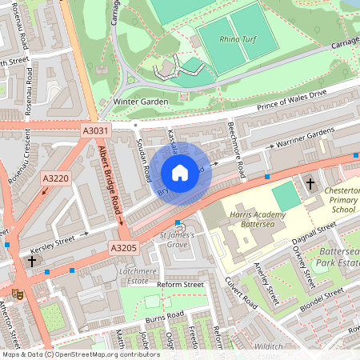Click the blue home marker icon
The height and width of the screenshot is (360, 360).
point(180,173)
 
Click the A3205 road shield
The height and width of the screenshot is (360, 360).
point(124,248)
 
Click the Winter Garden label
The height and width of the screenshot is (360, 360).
point(140,102)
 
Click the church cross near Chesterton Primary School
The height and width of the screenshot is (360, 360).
point(310,184)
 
